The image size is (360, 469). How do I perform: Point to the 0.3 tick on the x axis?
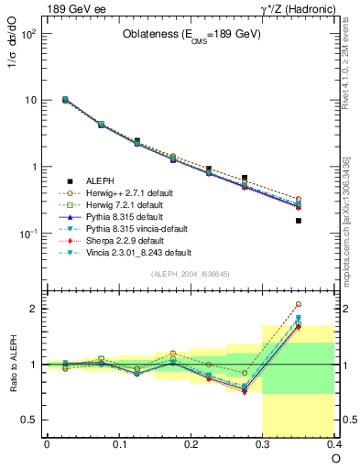click(263, 444)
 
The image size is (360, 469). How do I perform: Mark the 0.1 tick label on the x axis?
click(118, 444)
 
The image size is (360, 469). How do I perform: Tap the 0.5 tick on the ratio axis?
click(29, 420)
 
